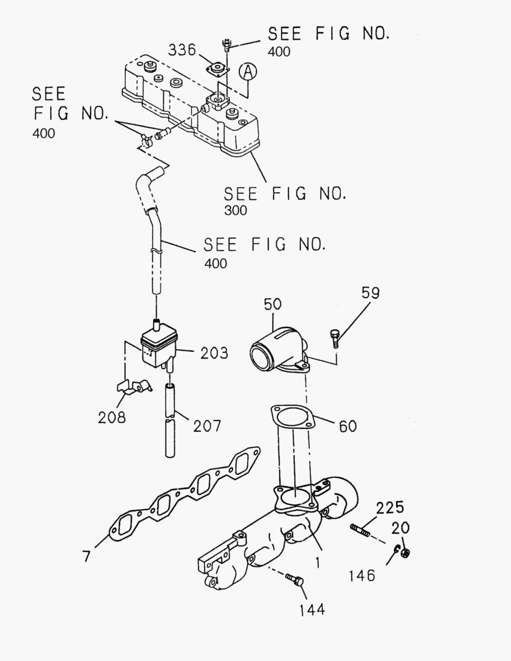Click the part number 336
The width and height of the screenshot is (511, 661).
point(182,49)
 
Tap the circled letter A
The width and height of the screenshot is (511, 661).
point(247,72)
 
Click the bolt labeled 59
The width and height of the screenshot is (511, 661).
point(334,337)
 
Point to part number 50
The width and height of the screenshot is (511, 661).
point(273,304)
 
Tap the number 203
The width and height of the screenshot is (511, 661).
point(214,353)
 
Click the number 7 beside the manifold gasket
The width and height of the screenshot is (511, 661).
point(86,556)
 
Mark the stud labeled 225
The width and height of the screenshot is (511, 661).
point(362,530)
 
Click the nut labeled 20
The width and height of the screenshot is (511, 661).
point(404,553)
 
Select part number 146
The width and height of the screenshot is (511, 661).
point(362,576)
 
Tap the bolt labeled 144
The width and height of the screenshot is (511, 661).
point(296,580)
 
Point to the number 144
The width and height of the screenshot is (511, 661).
point(312,609)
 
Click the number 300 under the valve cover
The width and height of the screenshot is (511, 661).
point(236,211)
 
